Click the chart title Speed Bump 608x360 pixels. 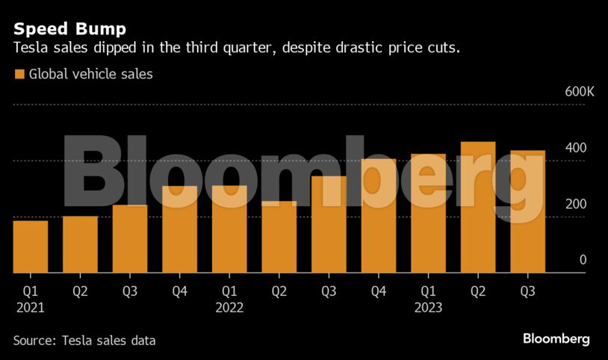(x=69, y=29)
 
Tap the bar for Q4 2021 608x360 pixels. (x=179, y=229)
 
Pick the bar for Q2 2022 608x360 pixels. (x=279, y=237)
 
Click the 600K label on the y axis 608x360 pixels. (x=580, y=92)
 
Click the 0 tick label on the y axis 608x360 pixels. (x=583, y=260)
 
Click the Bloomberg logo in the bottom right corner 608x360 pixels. (x=556, y=339)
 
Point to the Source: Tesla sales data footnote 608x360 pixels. (x=84, y=341)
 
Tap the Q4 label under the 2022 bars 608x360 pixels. (x=378, y=291)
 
